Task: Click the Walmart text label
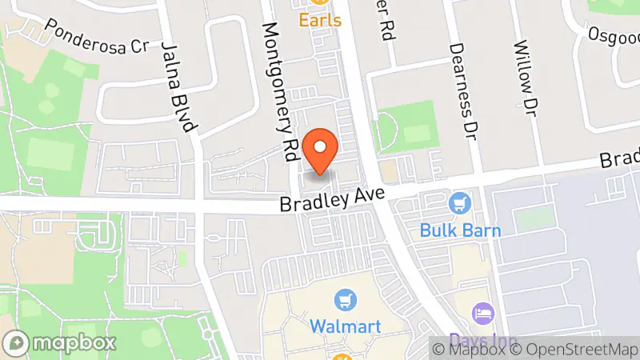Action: point(345,326)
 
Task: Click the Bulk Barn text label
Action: point(460,231)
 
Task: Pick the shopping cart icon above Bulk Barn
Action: point(459,203)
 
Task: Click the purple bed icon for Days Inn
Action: point(482,310)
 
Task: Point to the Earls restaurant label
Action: point(320,18)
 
